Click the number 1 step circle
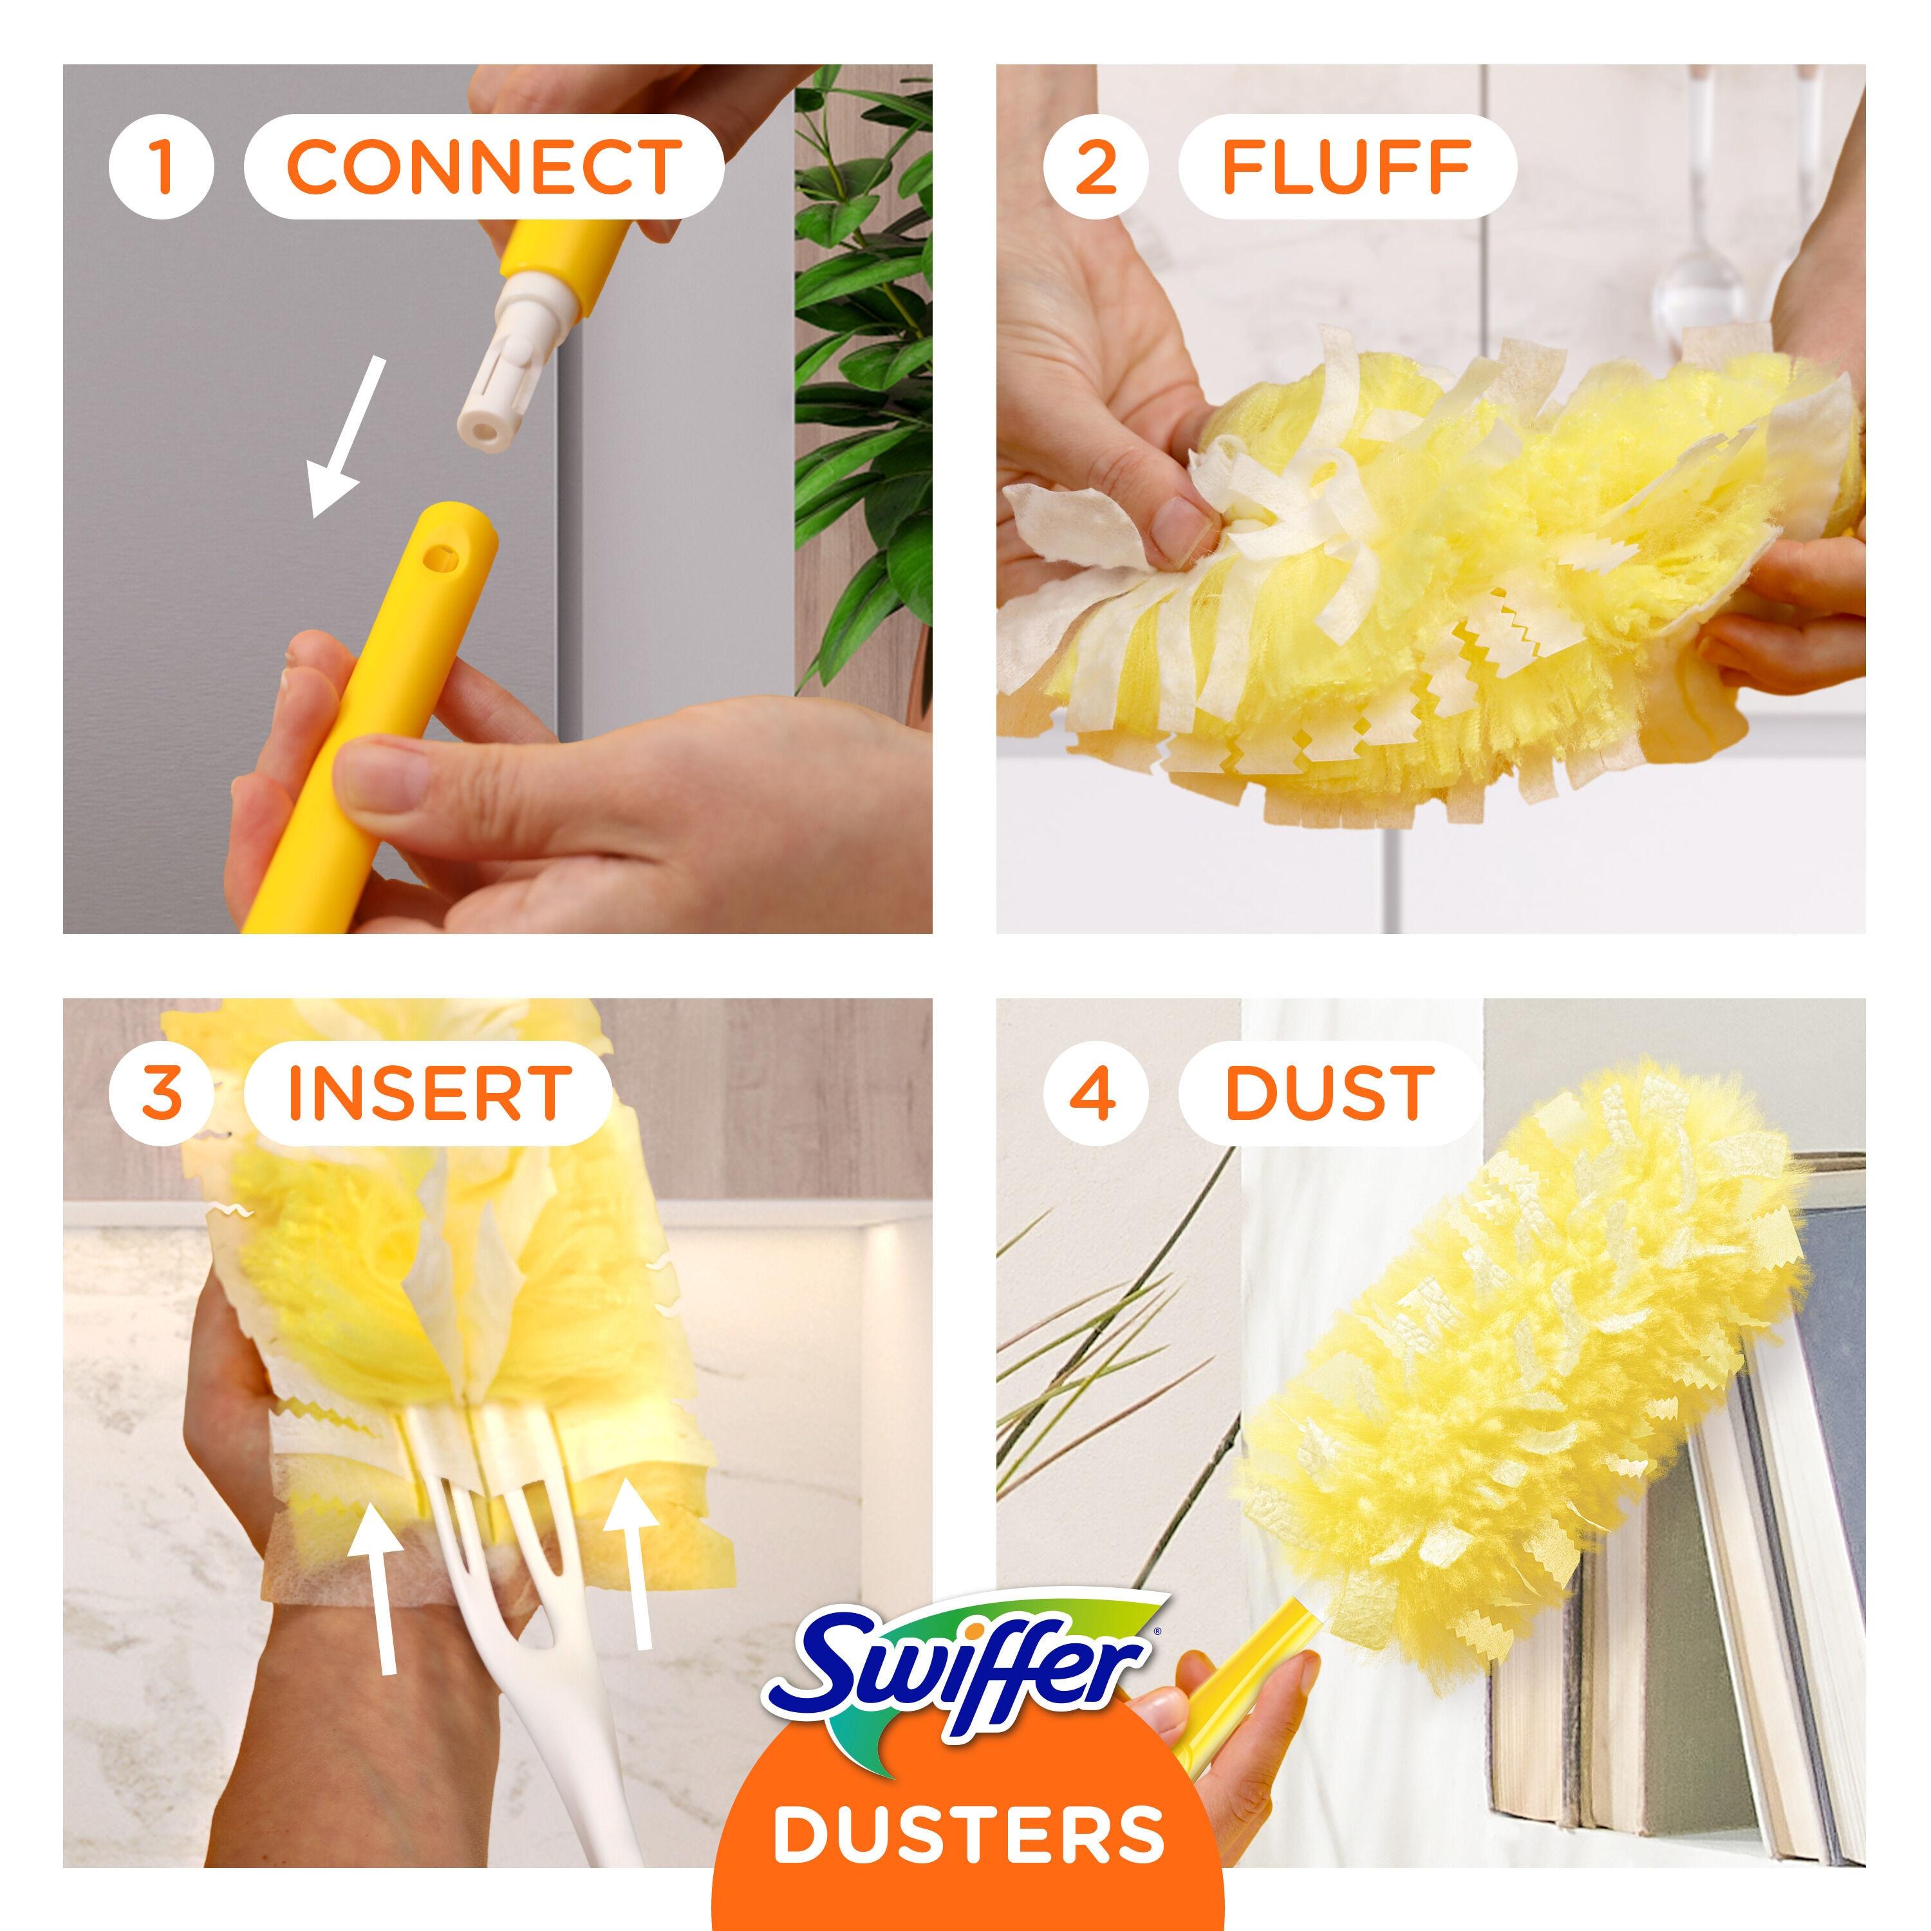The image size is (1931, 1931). pos(161,166)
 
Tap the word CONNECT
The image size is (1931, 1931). pos(484,166)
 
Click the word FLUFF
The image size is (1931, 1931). pos(1347,166)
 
